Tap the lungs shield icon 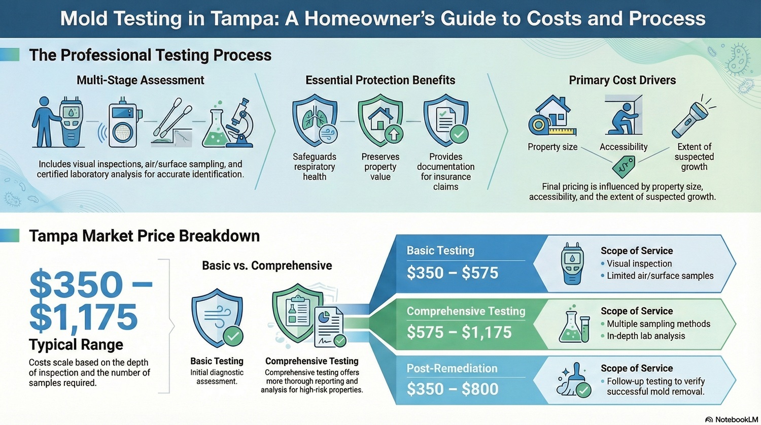[x=315, y=121]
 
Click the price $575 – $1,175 [x=459, y=333]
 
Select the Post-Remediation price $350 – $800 [x=453, y=389]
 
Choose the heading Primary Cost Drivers [x=622, y=80]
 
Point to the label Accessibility [x=624, y=147]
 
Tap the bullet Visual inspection [x=639, y=264]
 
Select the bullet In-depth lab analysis [x=645, y=336]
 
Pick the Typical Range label [x=76, y=345]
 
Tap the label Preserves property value [x=380, y=167]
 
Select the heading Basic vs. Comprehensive [x=267, y=266]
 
